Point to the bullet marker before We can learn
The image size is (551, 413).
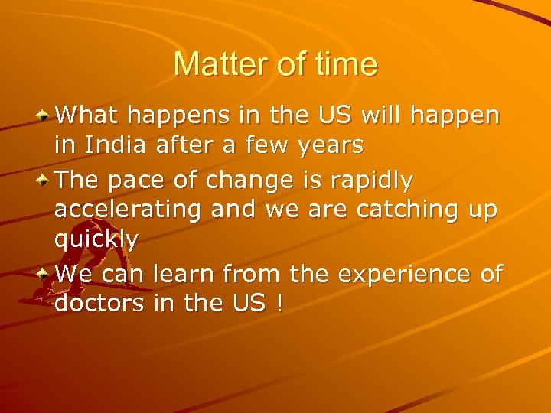[46, 273]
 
